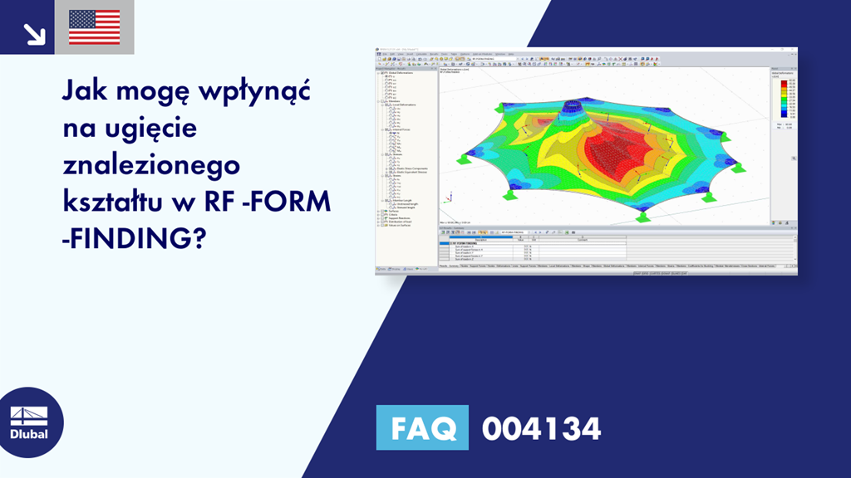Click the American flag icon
[94, 27]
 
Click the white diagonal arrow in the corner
[34, 33]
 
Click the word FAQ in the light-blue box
[422, 429]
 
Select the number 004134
[541, 429]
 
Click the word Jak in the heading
[86, 92]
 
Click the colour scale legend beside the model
[783, 100]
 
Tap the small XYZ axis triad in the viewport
[449, 198]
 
